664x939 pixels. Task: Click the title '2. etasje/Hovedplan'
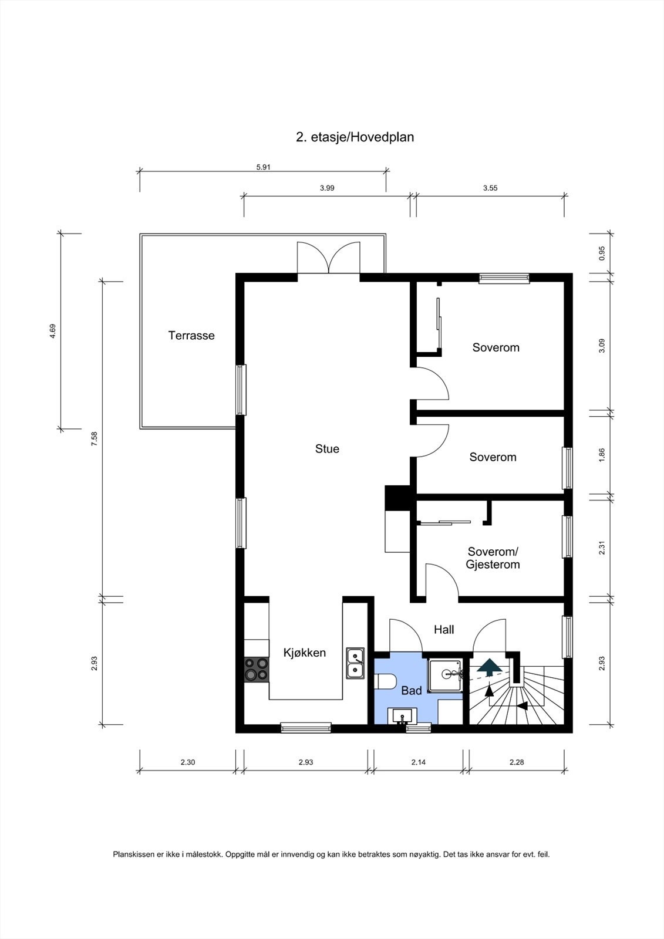coord(355,137)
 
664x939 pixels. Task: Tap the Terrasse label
coord(191,336)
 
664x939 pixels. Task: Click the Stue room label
coord(327,449)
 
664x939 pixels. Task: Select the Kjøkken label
coord(304,653)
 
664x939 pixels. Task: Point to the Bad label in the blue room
coord(411,691)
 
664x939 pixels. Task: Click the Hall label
coord(444,630)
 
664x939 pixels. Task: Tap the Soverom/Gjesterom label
coord(493,558)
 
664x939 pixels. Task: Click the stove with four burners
coord(257,669)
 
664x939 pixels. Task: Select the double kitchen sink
coord(355,663)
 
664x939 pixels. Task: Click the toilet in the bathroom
coord(386,681)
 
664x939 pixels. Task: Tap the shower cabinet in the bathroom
coord(446,675)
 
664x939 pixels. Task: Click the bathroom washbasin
coord(402,716)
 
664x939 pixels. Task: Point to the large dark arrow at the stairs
coord(489,666)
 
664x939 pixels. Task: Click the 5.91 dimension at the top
coord(263,167)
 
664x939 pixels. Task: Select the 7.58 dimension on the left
coord(94,438)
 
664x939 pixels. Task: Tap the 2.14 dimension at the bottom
coord(418,762)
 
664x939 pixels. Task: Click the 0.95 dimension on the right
coord(602,253)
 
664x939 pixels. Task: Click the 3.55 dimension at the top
coord(490,188)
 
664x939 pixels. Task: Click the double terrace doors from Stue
coord(328,258)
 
